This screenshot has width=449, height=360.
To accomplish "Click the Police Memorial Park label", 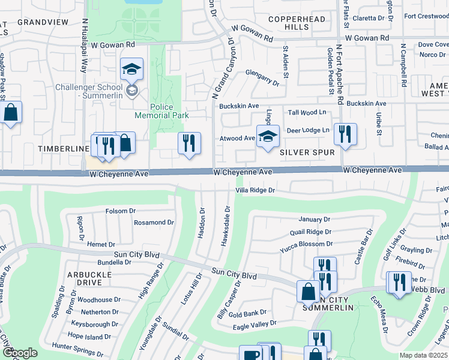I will click(x=169, y=111).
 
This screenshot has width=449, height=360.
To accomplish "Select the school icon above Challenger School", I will click(x=131, y=69).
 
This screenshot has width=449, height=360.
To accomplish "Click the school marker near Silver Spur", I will click(x=268, y=136).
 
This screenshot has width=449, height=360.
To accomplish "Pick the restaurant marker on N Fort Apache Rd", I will click(x=345, y=134).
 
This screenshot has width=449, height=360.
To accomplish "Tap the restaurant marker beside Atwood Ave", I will click(x=189, y=143).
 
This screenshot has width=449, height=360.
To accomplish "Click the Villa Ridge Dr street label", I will click(x=255, y=190).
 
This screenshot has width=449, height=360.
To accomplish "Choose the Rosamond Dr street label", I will click(x=154, y=222).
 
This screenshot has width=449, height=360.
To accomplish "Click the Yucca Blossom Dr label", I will click(x=306, y=244).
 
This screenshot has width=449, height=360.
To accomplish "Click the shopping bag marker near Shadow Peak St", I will click(x=11, y=112).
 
